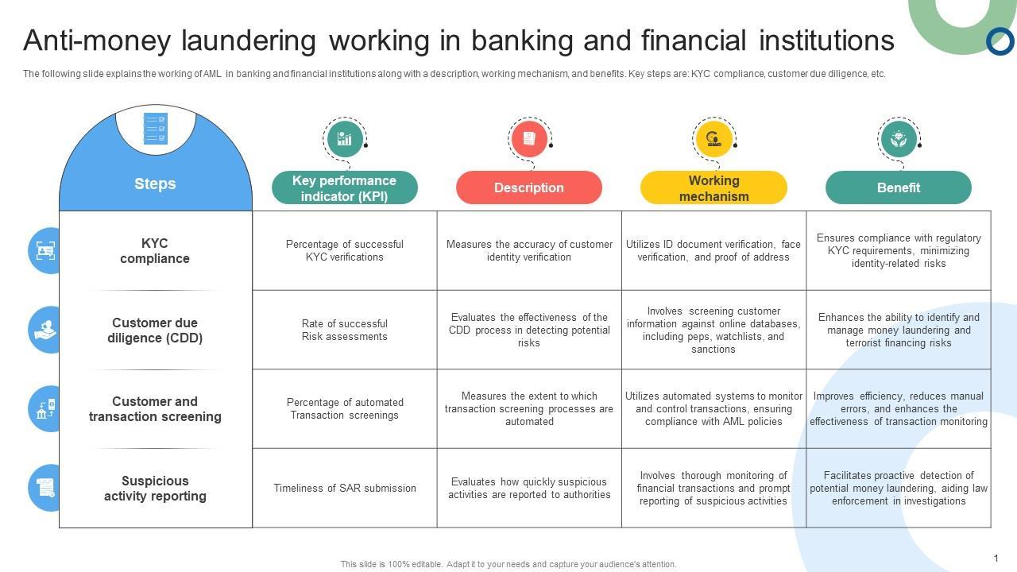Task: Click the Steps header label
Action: pos(155,184)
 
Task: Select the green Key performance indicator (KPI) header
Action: pos(344,188)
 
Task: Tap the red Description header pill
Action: pos(528,187)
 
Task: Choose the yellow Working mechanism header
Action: pos(713,188)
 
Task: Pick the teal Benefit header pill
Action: pos(898,187)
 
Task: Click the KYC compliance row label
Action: pos(155,251)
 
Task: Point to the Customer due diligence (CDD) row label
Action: pos(155,330)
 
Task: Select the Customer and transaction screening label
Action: pos(155,409)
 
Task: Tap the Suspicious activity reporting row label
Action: pos(155,489)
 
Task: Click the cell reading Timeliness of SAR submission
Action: pos(345,489)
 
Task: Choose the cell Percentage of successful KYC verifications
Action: pos(345,251)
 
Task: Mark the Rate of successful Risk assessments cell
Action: pos(345,330)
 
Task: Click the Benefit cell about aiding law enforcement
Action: pos(899,489)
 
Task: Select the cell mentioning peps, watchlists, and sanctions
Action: pos(713,330)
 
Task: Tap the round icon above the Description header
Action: pos(528,139)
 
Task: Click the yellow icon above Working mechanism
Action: pos(713,139)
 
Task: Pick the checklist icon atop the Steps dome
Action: pos(155,129)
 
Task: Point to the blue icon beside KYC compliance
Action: pos(45,251)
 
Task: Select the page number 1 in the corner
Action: pos(996,558)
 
